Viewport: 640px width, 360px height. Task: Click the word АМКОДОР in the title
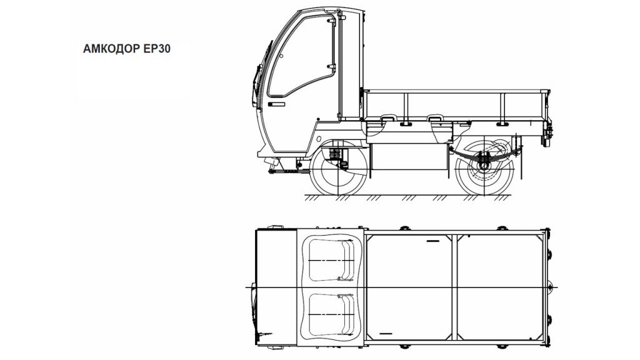[x=111, y=49]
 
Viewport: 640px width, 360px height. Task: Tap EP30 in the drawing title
[x=157, y=49]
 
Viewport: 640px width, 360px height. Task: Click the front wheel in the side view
[x=338, y=168]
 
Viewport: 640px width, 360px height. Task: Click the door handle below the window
[x=276, y=104]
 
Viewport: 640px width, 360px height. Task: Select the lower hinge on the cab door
[x=331, y=66]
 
